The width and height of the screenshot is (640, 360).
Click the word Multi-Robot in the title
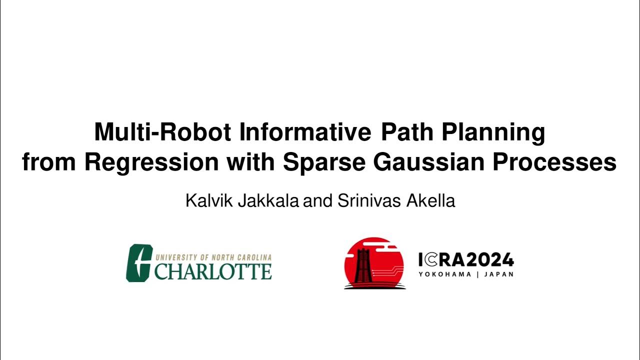pyautogui.click(x=162, y=132)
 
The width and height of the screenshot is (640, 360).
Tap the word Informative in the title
pyautogui.click(x=305, y=132)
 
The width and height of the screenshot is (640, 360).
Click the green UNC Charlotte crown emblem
pyautogui.click(x=138, y=262)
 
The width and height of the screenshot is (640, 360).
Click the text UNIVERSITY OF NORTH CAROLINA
pyautogui.click(x=213, y=257)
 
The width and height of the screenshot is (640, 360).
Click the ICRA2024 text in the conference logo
pyautogui.click(x=466, y=260)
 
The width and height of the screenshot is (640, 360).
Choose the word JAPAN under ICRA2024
pyautogui.click(x=499, y=274)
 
